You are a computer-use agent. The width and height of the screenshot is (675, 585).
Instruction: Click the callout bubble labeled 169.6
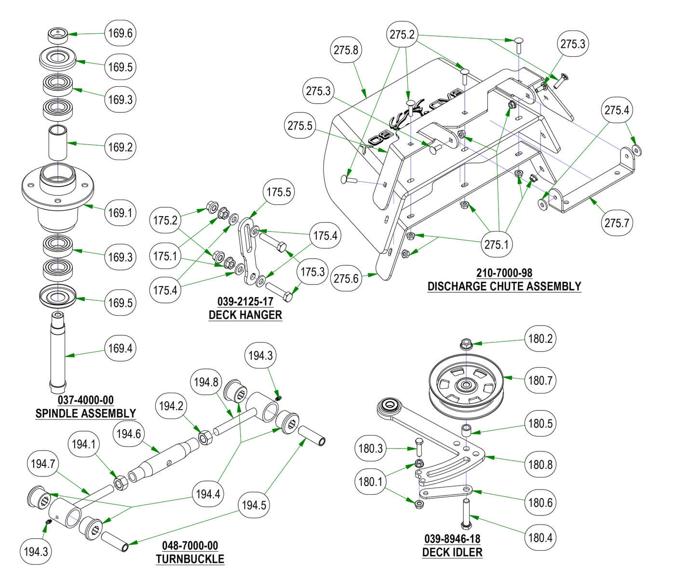pyautogui.click(x=120, y=34)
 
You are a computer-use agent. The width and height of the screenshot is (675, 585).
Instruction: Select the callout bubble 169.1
pyautogui.click(x=120, y=213)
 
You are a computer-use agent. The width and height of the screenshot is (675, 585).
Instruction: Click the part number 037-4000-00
pyautogui.click(x=86, y=400)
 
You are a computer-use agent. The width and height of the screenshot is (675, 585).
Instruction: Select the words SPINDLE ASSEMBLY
pyautogui.click(x=86, y=413)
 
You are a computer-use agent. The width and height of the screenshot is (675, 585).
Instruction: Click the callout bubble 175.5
pyautogui.click(x=279, y=192)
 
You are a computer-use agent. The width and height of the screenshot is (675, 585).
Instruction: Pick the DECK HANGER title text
pyautogui.click(x=245, y=315)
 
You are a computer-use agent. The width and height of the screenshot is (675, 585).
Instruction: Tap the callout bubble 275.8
pyautogui.click(x=346, y=50)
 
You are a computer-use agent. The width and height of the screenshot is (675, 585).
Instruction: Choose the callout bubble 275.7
pyautogui.click(x=617, y=223)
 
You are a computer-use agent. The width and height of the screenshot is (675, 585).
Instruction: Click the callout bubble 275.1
pyautogui.click(x=496, y=245)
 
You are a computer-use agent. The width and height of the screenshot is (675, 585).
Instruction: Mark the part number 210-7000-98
pyautogui.click(x=504, y=273)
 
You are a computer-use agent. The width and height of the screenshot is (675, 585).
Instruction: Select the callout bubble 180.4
pyautogui.click(x=540, y=537)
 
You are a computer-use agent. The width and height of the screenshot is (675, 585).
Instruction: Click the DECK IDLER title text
pyautogui.click(x=452, y=552)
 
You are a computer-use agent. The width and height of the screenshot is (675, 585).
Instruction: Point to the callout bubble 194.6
pyautogui.click(x=128, y=434)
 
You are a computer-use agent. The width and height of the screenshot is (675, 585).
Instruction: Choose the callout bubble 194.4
pyautogui.click(x=208, y=494)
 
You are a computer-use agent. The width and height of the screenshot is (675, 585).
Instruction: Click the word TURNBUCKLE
pyautogui.click(x=190, y=559)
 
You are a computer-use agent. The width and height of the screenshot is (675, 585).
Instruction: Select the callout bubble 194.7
pyautogui.click(x=43, y=464)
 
